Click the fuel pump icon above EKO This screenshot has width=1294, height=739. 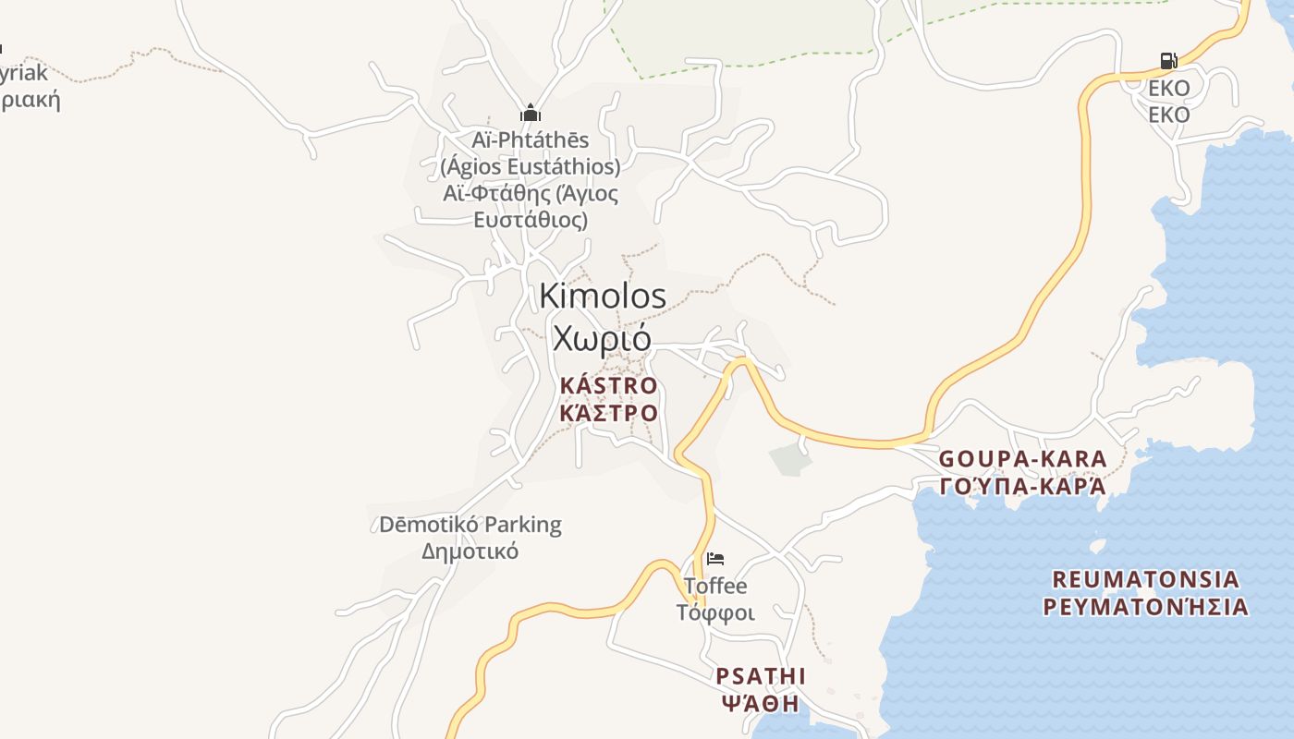tap(1168, 61)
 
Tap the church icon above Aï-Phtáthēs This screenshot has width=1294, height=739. tap(530, 114)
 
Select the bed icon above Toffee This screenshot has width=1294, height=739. tap(714, 559)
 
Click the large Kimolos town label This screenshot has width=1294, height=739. tap(602, 296)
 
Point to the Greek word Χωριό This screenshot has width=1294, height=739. tap(602, 338)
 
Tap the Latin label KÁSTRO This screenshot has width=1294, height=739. tap(608, 385)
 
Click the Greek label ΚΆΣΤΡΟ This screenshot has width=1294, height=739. tap(608, 412)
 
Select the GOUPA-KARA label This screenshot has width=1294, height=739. tap(1022, 459)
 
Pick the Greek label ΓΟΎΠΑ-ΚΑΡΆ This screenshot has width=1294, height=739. tap(1022, 486)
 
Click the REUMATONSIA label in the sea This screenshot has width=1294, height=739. tap(1145, 579)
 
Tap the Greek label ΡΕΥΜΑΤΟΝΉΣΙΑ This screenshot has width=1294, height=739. tap(1145, 607)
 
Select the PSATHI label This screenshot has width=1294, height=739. tap(761, 676)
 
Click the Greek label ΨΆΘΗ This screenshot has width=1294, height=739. tap(760, 703)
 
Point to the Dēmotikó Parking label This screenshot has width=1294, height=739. tap(470, 525)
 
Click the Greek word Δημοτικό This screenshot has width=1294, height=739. tap(470, 551)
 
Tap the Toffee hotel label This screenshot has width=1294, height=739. tap(715, 586)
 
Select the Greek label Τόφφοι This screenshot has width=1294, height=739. tap(715, 612)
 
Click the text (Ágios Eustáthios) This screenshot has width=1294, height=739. tap(530, 167)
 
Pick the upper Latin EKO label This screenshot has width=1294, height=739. tap(1168, 89)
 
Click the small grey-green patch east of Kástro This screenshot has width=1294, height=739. tap(787, 458)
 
